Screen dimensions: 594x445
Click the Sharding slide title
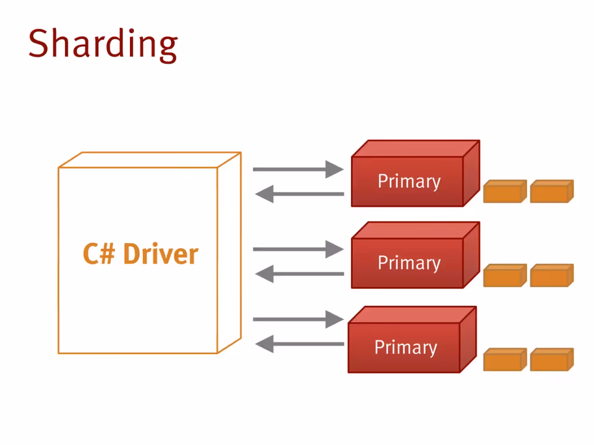click(x=103, y=45)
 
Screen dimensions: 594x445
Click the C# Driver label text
click(x=141, y=254)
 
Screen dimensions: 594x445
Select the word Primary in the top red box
click(x=409, y=182)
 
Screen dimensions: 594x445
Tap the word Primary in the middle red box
click(x=409, y=263)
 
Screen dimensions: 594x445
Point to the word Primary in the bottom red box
click(x=406, y=348)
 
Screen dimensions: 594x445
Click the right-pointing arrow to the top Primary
click(x=298, y=169)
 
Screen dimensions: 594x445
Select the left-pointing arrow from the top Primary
click(x=300, y=194)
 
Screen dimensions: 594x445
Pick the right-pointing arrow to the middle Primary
click(x=298, y=249)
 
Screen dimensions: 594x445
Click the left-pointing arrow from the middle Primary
click(x=300, y=273)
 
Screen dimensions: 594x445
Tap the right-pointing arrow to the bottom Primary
click(x=298, y=319)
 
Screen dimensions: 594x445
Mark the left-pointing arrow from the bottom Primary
click(x=300, y=344)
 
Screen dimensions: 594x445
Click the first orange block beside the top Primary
click(x=505, y=191)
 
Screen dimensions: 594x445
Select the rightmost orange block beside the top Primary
click(x=552, y=191)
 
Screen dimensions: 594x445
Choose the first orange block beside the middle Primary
click(x=505, y=275)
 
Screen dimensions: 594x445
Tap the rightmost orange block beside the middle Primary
click(x=552, y=275)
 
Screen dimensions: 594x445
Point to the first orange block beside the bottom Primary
click(x=505, y=360)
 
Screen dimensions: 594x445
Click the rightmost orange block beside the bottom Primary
click(x=552, y=360)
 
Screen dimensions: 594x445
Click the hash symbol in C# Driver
click(x=108, y=254)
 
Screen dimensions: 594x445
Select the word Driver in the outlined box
click(x=161, y=254)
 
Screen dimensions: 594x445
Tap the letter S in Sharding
click(x=38, y=43)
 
